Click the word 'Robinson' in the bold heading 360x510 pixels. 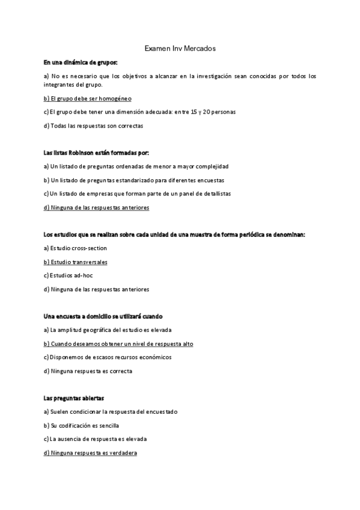90,153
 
